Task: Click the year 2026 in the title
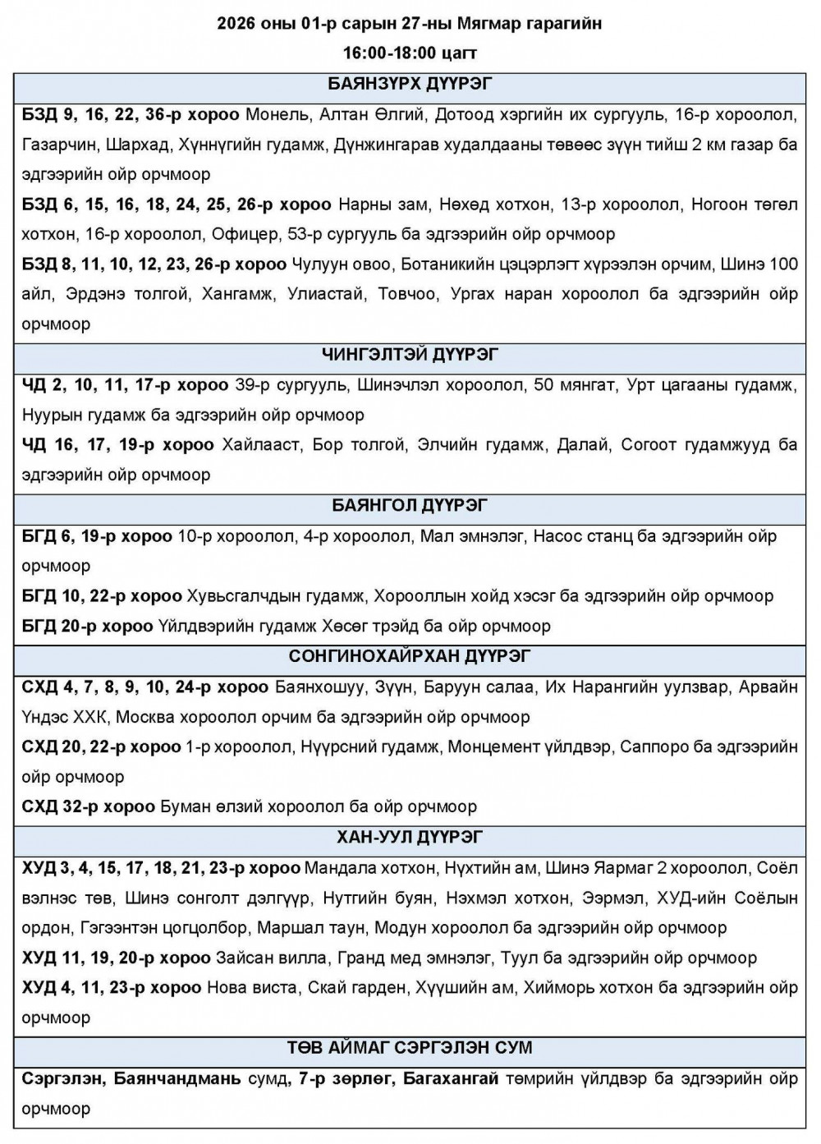tap(236, 24)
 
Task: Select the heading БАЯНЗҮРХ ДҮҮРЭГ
tap(410, 84)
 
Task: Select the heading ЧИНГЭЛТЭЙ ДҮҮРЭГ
tap(410, 355)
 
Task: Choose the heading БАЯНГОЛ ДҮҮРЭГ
tap(410, 505)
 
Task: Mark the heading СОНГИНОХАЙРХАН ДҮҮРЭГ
tap(410, 656)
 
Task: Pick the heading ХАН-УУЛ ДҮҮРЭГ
tap(410, 837)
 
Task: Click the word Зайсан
tap(241, 958)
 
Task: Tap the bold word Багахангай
tap(451, 1078)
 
